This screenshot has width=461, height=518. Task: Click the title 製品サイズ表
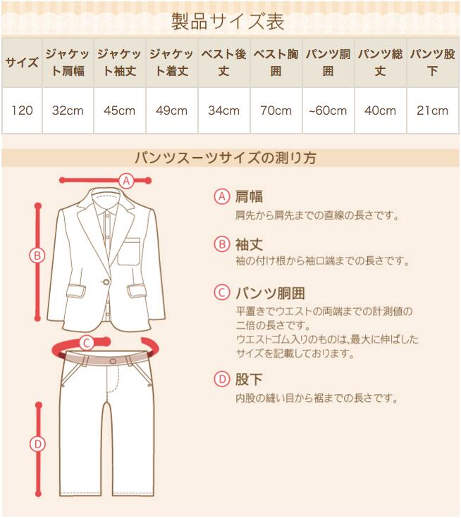(228, 22)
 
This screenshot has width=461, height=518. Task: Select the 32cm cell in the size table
(68, 110)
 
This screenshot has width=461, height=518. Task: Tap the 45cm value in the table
(119, 110)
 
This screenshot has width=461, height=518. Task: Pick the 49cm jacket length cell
(172, 110)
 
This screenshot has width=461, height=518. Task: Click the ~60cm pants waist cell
(328, 110)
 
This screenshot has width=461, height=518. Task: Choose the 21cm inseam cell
(433, 110)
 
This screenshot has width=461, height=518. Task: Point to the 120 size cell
(22, 110)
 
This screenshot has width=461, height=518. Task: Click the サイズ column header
(22, 63)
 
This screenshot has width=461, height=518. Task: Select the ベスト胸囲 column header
(276, 63)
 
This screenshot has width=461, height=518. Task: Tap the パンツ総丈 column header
(380, 63)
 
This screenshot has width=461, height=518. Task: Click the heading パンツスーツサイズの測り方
(226, 158)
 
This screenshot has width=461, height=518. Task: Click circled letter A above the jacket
(126, 181)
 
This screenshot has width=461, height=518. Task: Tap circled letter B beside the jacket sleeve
(37, 255)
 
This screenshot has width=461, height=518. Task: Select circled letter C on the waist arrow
(87, 343)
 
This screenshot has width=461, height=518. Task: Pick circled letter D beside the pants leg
(37, 444)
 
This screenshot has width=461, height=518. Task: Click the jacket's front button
(106, 282)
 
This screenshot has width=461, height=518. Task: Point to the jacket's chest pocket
(129, 251)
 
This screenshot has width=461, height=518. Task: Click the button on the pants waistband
(113, 361)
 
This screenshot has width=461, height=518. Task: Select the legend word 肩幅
(249, 196)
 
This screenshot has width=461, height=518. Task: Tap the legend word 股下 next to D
(249, 379)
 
